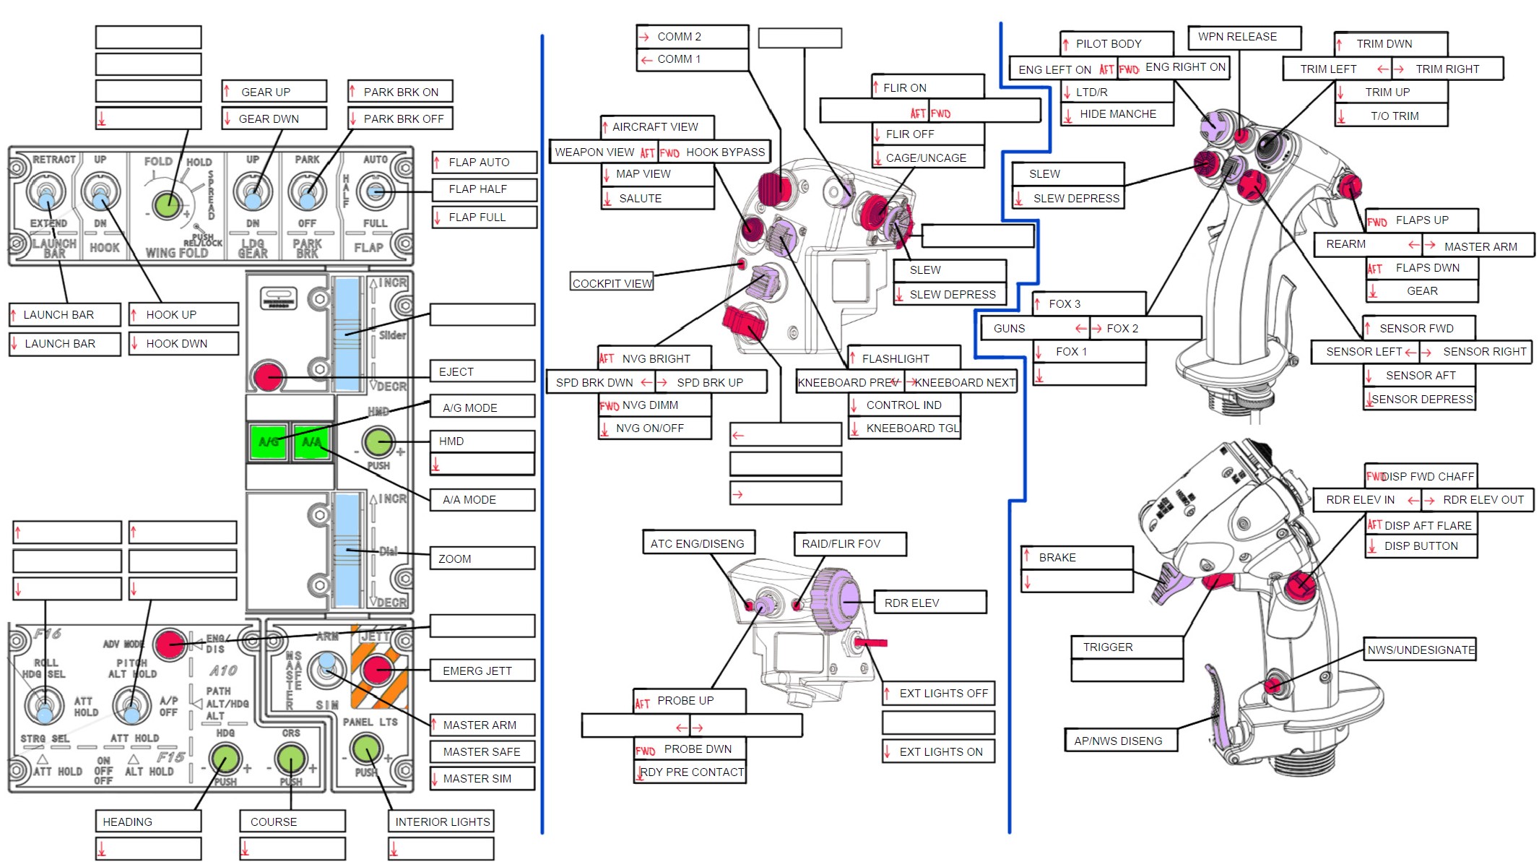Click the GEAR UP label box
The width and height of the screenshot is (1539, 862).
coord(274,92)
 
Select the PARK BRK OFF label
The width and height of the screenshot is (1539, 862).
coord(400,118)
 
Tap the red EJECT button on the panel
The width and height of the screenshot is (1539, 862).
coord(267,376)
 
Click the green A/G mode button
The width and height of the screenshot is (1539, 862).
coord(268,441)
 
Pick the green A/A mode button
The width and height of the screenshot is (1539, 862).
coord(312,441)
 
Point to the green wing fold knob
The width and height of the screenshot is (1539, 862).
coord(167,204)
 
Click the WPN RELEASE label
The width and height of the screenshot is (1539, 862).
coord(1244,37)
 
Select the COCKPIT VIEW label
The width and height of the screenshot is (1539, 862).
coord(612,283)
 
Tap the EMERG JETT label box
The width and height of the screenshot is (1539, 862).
coord(482,671)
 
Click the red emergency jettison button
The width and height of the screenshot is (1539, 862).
coord(376,670)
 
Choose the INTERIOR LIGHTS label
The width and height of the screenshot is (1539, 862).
coord(441,822)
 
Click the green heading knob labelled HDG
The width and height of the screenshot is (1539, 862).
coord(225,759)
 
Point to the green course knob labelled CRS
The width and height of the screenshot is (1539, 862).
coord(291,759)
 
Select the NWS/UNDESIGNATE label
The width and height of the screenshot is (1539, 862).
coord(1420,650)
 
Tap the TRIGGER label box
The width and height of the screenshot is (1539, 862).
coord(1127,647)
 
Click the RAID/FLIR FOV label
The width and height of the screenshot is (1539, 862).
coord(849,544)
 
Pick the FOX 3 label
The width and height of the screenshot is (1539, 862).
coord(1089,303)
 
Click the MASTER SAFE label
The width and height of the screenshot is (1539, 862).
coord(482,751)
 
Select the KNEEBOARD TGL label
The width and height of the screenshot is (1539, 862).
coord(904,428)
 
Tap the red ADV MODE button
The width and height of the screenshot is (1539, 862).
coord(170,644)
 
